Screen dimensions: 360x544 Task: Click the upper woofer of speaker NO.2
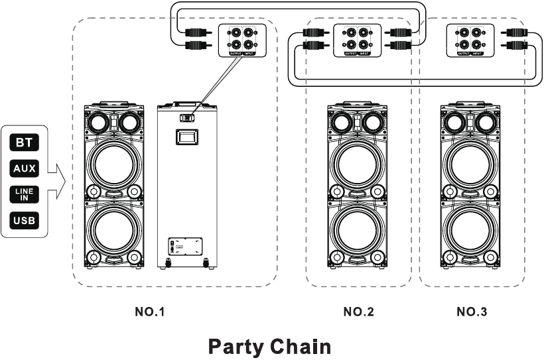[358, 164]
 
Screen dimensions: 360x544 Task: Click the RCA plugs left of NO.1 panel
[197, 38]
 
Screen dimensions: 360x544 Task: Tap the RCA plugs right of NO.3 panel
[516, 38]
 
